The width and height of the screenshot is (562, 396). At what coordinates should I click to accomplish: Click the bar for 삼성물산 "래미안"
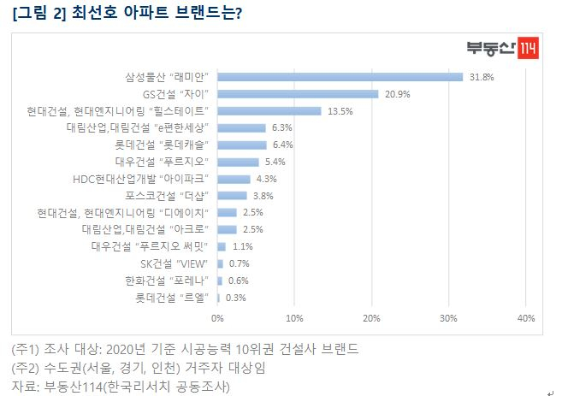[340, 77]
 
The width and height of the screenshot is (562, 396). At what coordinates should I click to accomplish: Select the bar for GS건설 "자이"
[298, 94]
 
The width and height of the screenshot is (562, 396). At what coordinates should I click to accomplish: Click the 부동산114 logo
[502, 49]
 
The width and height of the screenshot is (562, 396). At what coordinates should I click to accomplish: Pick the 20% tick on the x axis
[371, 318]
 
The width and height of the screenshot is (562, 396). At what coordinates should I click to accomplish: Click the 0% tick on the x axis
[217, 318]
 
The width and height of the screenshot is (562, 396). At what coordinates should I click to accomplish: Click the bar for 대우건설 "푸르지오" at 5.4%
[238, 162]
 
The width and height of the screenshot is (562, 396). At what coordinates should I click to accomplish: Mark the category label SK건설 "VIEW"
[175, 263]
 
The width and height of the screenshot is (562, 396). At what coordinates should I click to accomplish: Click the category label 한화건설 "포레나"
[173, 281]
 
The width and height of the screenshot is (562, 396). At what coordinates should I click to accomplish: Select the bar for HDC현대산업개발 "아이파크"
[234, 179]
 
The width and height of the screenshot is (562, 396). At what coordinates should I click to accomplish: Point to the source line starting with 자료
[121, 387]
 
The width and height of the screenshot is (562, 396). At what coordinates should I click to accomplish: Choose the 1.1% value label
[244, 246]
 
